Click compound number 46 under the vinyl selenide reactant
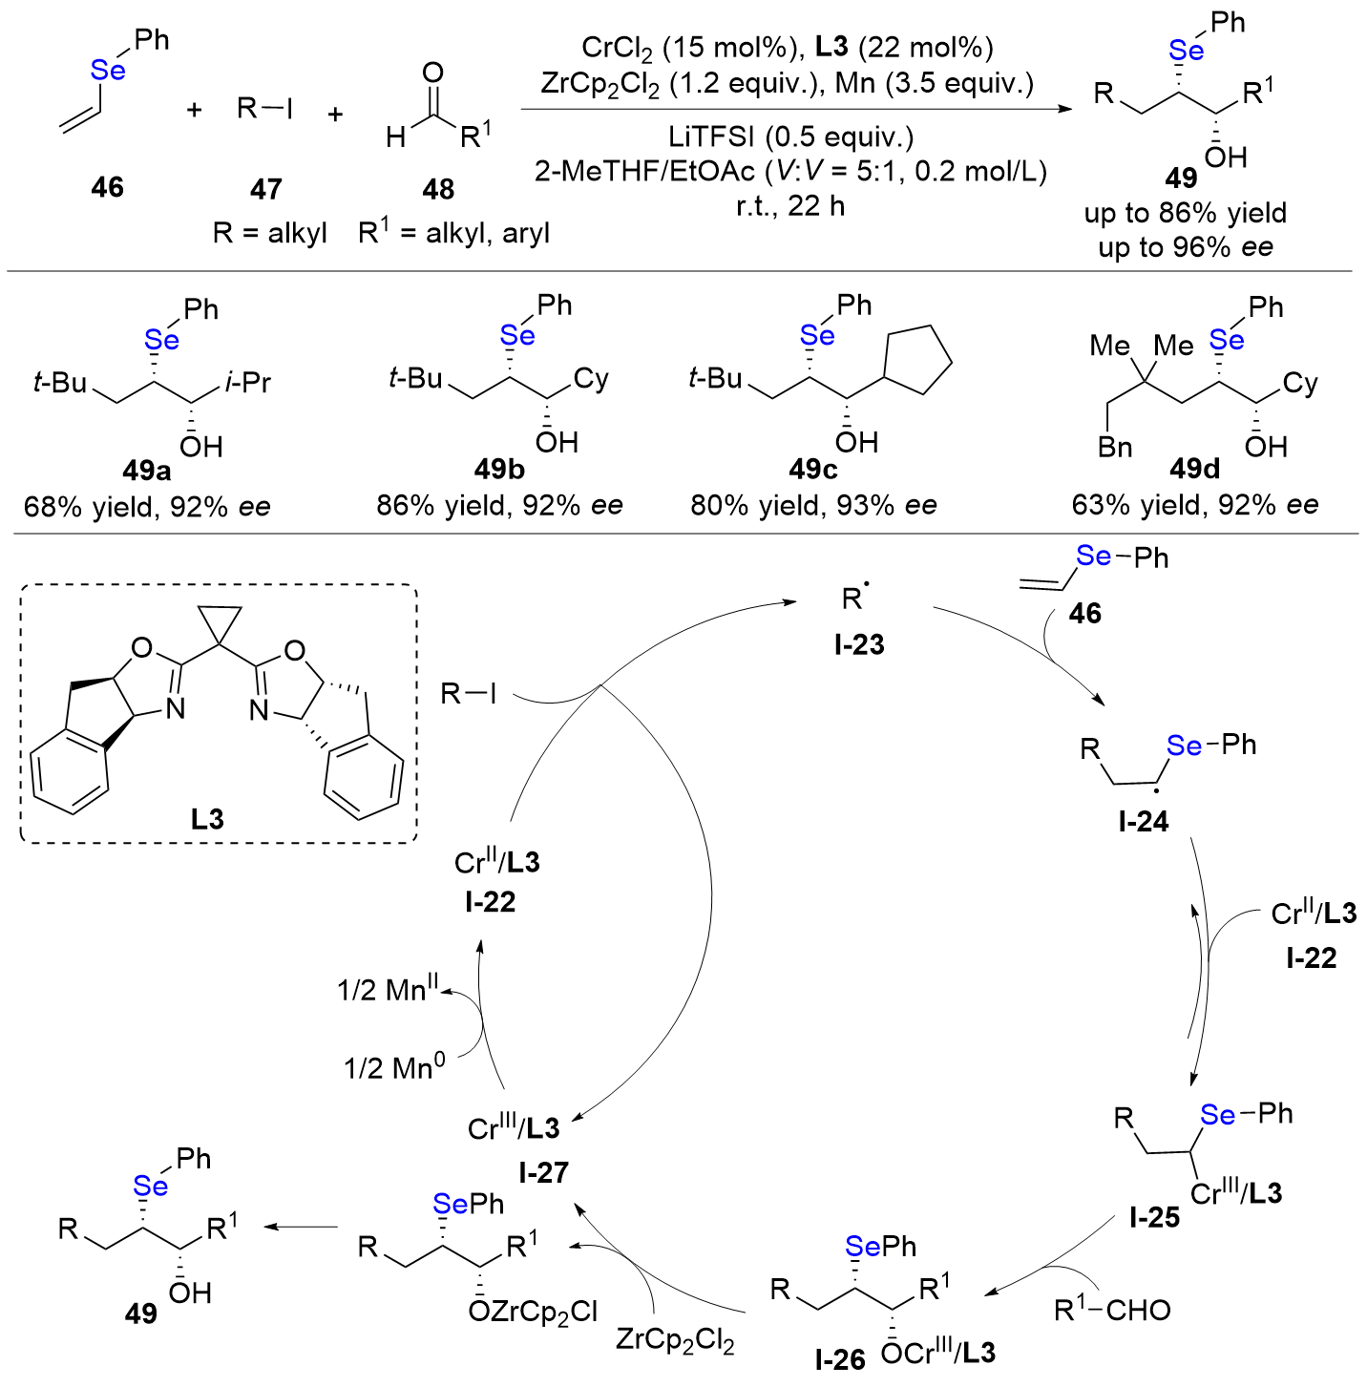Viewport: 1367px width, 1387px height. [x=107, y=187]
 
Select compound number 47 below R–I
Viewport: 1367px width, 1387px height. [x=265, y=189]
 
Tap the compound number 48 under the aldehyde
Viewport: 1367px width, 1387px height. [x=438, y=189]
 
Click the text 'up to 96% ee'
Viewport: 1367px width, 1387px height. [x=1186, y=248]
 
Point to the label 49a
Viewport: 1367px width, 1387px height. [x=146, y=471]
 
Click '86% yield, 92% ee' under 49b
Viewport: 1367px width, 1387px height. [x=499, y=505]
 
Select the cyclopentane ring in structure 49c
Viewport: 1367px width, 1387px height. [x=918, y=362]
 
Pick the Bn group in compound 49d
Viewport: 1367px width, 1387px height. [x=1114, y=447]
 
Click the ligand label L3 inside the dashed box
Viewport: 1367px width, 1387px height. [x=207, y=819]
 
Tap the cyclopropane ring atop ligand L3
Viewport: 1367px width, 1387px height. [x=218, y=625]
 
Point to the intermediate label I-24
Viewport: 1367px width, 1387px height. [x=1144, y=821]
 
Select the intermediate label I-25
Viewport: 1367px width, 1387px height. [x=1154, y=1217]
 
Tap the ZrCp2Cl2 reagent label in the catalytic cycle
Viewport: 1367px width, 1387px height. [x=675, y=1340]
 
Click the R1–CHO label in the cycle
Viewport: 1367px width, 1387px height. [x=1112, y=1310]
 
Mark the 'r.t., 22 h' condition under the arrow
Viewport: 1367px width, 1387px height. [x=790, y=205]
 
